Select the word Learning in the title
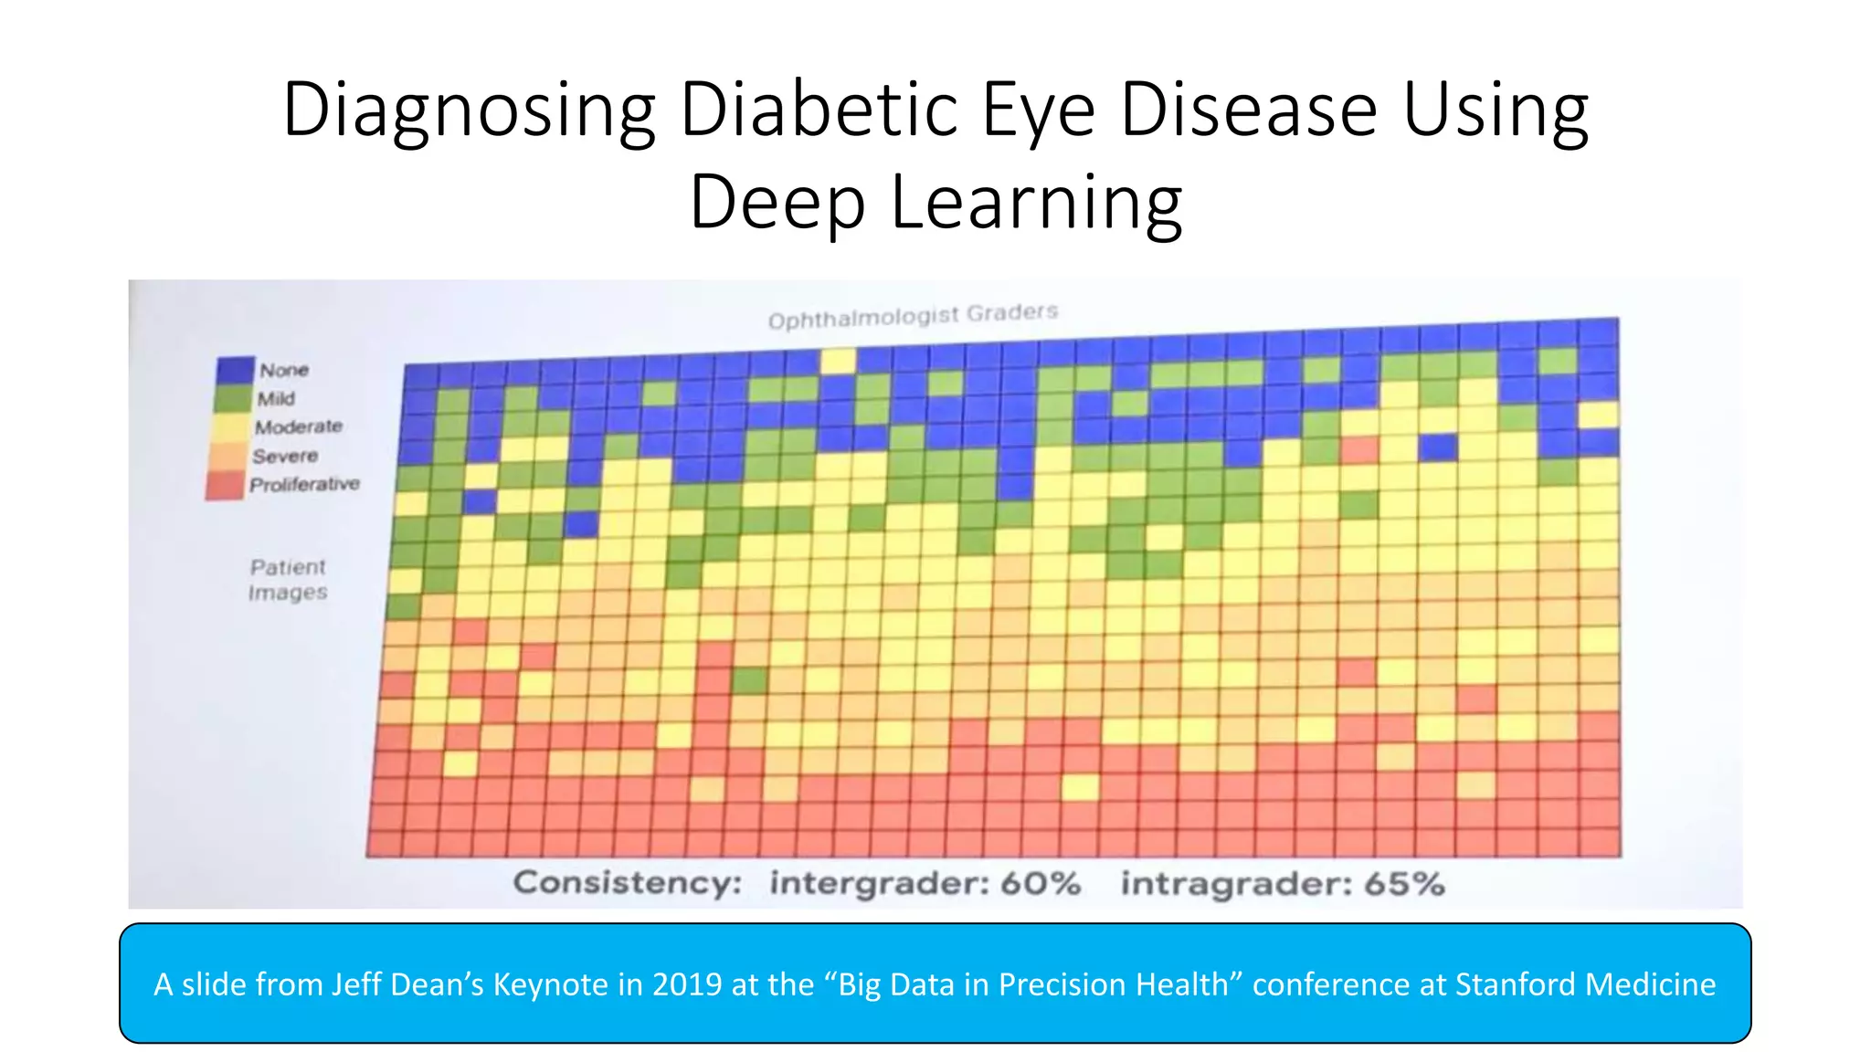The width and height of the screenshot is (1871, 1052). [1036, 203]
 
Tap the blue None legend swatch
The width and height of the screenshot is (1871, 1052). [236, 370]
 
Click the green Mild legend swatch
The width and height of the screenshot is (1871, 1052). [233, 398]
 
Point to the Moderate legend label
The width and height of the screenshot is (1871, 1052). [299, 426]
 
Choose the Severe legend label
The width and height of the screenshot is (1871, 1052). [285, 456]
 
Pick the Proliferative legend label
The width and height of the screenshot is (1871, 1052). [304, 484]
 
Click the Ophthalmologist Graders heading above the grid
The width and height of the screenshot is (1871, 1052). [913, 316]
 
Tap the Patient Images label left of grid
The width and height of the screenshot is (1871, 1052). [288, 580]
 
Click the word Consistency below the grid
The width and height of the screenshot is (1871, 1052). [628, 883]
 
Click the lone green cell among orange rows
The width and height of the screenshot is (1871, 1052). [750, 680]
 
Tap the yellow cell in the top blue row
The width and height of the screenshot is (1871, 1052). [838, 361]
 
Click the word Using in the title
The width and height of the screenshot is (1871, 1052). [1496, 110]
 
